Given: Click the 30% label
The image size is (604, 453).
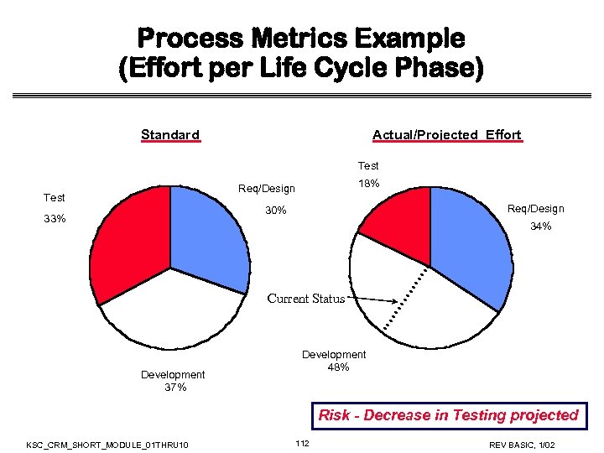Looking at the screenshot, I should pos(276,211).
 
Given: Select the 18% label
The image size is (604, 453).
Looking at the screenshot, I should pos(368,183).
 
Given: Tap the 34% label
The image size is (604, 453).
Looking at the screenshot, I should pos(540,226).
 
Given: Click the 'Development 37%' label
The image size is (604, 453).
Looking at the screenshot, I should pos(173,381).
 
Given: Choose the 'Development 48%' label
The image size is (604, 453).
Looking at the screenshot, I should pos(334,361).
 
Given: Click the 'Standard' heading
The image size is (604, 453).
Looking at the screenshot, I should pos(170,135).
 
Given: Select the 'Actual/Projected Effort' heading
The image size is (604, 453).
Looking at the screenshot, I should pos(446,135).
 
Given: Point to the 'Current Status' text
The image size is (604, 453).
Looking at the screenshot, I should pos(305,299).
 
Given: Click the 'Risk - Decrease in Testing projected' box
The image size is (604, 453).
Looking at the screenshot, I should pos(448,415).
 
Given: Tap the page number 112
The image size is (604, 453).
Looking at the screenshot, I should pos(302,443).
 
